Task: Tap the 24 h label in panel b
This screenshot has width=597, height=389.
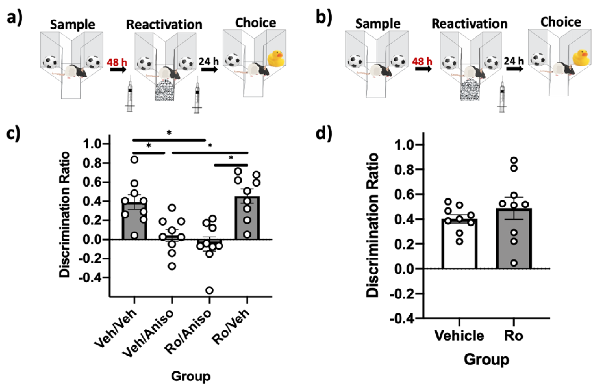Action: (x=514, y=61)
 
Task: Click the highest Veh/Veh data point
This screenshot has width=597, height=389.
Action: (x=134, y=160)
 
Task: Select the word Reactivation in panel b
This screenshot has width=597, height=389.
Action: (x=469, y=24)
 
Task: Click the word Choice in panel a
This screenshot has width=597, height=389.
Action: (x=255, y=23)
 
